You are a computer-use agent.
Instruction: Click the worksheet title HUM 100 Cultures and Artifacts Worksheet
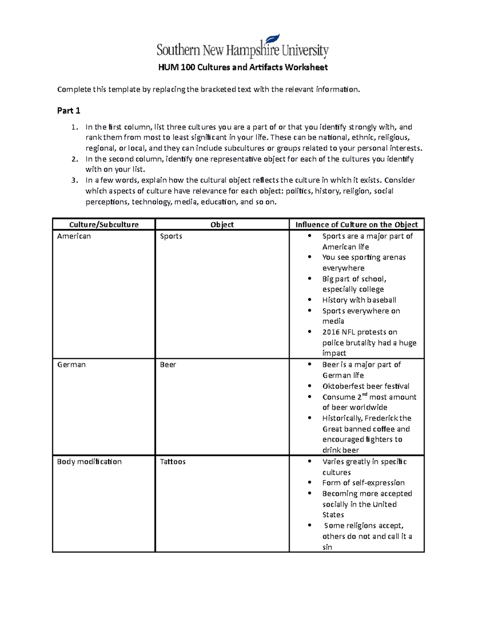[x=243, y=67]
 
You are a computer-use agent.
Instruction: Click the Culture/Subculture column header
[x=104, y=224]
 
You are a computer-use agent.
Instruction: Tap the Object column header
[x=222, y=224]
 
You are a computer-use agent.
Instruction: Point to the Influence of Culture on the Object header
[x=356, y=224]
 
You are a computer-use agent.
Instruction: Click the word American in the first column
[x=74, y=236]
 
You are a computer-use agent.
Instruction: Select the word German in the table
[x=71, y=365]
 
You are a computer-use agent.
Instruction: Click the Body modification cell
[x=89, y=462]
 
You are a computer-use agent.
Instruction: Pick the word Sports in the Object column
[x=171, y=236]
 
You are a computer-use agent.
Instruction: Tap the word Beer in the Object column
[x=168, y=365]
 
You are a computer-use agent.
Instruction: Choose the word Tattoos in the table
[x=173, y=462]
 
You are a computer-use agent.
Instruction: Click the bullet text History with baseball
[x=359, y=300]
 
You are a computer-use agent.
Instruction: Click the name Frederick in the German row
[x=382, y=418]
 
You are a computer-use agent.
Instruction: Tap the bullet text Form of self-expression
[x=363, y=483]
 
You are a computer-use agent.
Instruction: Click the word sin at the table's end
[x=327, y=547]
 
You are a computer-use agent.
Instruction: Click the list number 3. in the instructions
[x=74, y=180]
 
